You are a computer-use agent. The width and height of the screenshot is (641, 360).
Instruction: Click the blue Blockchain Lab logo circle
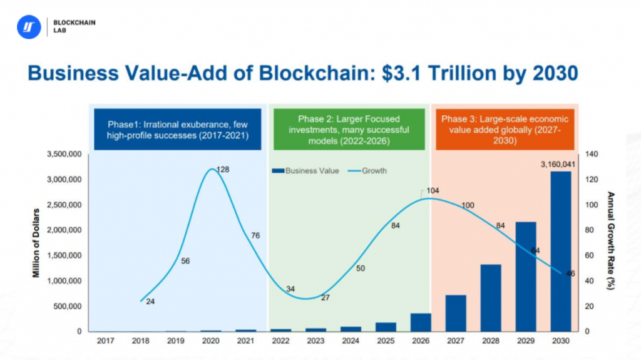pos(28,28)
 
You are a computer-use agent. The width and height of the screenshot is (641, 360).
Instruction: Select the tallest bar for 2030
pos(561,250)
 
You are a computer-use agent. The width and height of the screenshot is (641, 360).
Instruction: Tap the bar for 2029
pos(526,276)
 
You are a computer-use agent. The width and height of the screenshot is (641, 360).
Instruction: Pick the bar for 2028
pos(491,297)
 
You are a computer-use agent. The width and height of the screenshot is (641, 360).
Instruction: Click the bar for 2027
pos(456,313)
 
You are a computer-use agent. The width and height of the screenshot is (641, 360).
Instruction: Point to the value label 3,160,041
pos(556,165)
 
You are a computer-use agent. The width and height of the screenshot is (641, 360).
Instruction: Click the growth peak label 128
pos(223,170)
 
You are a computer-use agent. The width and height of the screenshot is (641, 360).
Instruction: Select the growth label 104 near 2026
pos(433,190)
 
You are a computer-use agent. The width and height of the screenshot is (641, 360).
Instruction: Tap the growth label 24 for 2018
pos(150,301)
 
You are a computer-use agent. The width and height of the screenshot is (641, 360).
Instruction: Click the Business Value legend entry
pos(305,170)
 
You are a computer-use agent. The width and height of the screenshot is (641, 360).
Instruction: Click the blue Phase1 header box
pos(178,130)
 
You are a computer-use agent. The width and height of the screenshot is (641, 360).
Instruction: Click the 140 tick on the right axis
pos(592,154)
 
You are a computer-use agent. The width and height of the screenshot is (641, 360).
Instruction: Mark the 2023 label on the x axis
pos(315,341)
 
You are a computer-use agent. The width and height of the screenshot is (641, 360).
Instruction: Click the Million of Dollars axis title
pos(38,242)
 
